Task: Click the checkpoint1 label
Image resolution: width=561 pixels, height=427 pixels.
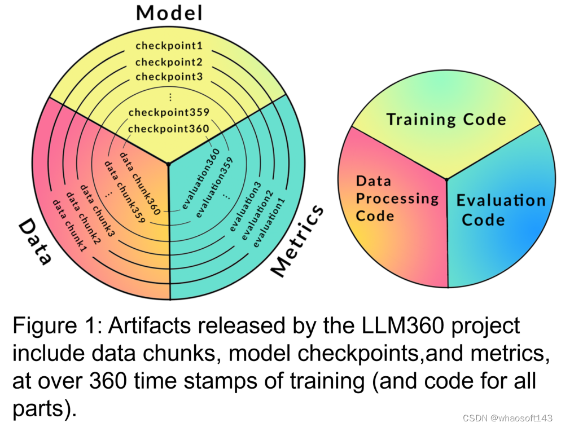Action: coord(169,46)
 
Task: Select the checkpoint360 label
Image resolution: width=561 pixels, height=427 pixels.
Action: coord(169,129)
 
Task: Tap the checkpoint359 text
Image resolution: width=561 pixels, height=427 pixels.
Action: coord(169,112)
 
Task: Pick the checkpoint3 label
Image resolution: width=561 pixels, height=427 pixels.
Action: coord(169,77)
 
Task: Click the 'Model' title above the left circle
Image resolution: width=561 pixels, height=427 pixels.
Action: coord(169,12)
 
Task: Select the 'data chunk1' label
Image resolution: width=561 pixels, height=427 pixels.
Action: coord(69,224)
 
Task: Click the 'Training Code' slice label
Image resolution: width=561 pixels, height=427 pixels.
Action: coord(446,120)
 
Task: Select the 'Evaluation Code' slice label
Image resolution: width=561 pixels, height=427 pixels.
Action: coord(500,209)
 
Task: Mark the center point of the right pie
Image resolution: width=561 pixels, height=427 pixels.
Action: coord(446,179)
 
